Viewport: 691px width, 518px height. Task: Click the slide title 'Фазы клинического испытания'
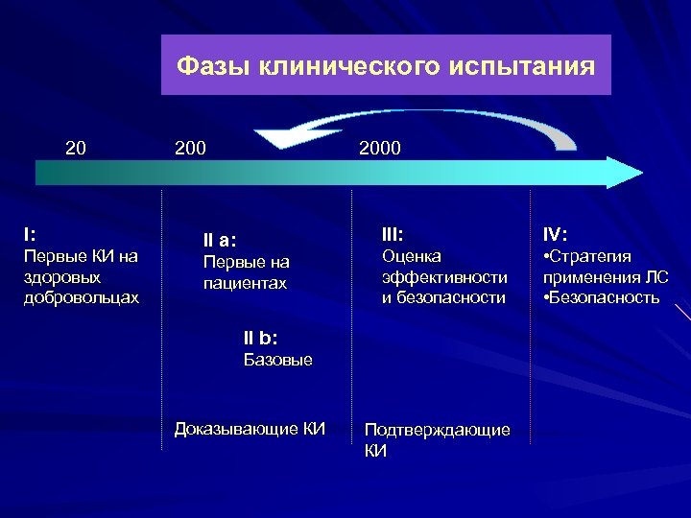click(386, 66)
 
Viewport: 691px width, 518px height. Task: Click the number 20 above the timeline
click(75, 148)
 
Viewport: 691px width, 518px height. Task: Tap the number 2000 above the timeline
click(380, 148)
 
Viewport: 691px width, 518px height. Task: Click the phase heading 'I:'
click(32, 233)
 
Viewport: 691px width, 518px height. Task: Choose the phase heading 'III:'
click(393, 233)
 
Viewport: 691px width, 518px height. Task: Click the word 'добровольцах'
click(82, 297)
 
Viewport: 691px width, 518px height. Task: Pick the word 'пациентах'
click(245, 284)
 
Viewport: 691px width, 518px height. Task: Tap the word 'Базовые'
click(277, 360)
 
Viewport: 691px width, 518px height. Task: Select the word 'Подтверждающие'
click(437, 430)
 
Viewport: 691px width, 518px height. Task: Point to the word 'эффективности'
click(444, 276)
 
